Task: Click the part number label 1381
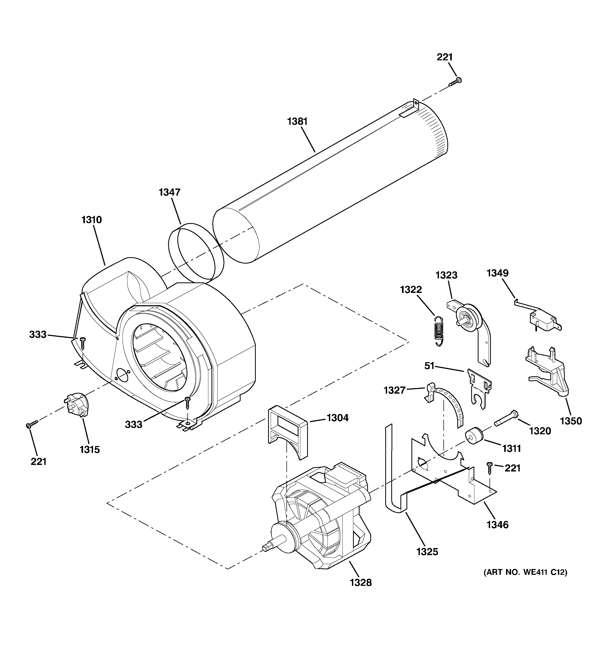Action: click(x=297, y=122)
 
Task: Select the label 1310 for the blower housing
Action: click(x=92, y=220)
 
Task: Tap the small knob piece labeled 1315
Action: click(x=77, y=405)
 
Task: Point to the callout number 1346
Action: click(x=497, y=525)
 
